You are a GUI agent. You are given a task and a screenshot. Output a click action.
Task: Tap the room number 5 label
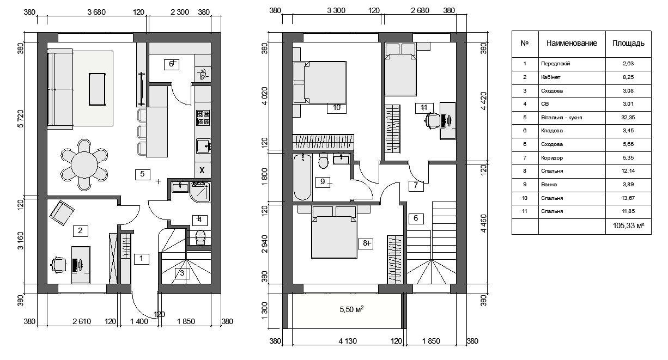tap(142, 174)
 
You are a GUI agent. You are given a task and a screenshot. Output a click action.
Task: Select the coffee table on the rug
tap(97, 89)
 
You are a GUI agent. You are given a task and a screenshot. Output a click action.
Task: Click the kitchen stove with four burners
tap(203, 118)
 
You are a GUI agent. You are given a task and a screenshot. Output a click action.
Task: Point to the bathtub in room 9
tap(302, 176)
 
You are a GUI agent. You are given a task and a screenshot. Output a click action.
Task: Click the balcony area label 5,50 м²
tap(351, 309)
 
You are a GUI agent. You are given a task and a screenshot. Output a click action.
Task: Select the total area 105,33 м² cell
tap(628, 226)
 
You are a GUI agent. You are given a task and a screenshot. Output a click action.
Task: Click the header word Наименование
tap(572, 43)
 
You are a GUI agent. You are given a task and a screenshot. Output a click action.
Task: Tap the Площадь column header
tap(628, 44)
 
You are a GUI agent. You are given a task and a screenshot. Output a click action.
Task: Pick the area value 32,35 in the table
tap(628, 118)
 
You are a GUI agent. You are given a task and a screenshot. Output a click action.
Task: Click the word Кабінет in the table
tap(550, 77)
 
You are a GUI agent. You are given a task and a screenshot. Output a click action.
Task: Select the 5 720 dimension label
tap(20, 119)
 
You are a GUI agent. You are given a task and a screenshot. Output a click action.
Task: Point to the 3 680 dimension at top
tap(96, 12)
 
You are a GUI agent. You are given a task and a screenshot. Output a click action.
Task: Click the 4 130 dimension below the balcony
tap(348, 341)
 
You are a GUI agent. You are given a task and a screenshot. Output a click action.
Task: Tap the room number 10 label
tap(337, 108)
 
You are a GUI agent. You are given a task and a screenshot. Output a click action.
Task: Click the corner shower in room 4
tap(200, 192)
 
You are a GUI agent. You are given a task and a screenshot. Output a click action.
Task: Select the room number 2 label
tap(80, 230)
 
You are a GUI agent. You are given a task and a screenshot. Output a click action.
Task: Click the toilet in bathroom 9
tap(323, 161)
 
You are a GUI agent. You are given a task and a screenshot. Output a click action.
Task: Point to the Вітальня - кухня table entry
tap(562, 118)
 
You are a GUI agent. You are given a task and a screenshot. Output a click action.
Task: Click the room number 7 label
tap(416, 185)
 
